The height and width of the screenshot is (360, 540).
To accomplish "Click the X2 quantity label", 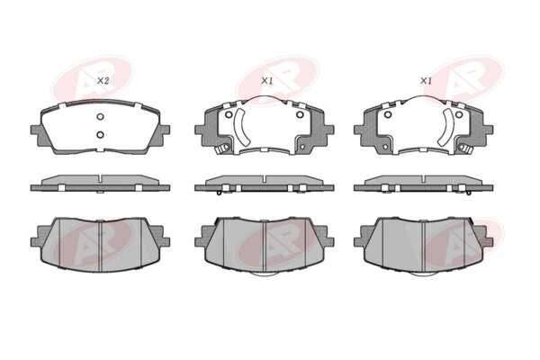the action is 103,81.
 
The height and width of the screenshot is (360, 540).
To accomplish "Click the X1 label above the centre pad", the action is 267,81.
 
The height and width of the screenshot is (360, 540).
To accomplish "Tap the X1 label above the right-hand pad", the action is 426,81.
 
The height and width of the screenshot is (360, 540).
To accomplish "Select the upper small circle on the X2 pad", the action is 100,117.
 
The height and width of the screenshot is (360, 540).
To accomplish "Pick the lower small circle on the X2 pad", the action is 100,134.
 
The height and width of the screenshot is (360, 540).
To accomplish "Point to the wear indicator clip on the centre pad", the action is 221,148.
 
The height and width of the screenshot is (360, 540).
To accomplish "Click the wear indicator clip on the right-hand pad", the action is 465,148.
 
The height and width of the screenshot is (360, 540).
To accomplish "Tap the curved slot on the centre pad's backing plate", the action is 242,126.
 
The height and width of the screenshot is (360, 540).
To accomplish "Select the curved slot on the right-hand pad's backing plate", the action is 446,126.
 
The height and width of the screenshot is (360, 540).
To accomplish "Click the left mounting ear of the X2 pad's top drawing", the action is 35,130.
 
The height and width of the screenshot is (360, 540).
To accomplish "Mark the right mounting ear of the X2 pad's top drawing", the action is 165,130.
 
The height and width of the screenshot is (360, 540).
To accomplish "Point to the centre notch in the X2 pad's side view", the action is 100,178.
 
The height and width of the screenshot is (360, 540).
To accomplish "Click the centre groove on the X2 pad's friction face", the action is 100,246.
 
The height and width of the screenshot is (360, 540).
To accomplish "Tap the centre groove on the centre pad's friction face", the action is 264,246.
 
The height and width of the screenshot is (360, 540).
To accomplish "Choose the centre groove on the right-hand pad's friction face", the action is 423,246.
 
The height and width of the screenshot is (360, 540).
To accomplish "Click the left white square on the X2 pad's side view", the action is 61,188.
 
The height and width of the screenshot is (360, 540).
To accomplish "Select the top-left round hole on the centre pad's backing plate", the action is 229,114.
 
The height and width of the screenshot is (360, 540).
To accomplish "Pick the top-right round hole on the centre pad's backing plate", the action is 300,114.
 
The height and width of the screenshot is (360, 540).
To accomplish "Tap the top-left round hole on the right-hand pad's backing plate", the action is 388,114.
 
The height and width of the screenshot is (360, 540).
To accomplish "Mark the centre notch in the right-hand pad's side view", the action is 423,178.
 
